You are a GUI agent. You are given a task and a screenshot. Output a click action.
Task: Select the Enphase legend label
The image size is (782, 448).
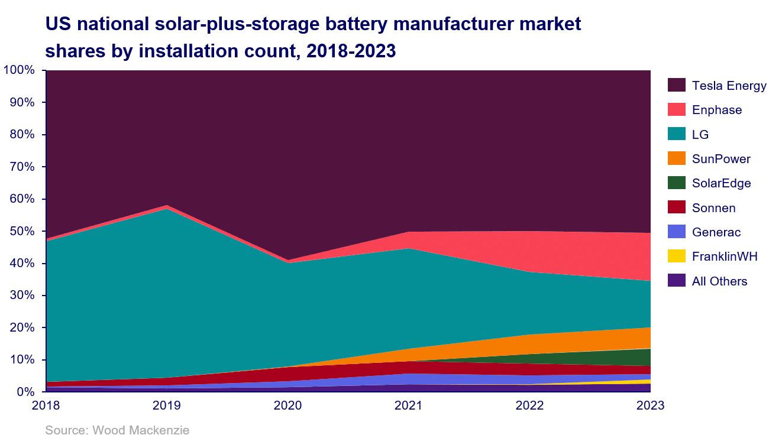716,110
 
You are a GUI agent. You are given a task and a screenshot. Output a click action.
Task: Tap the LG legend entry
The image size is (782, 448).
700,135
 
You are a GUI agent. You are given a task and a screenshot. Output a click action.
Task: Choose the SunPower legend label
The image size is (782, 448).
721,159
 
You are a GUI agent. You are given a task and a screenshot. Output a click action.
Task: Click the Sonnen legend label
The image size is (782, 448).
713,208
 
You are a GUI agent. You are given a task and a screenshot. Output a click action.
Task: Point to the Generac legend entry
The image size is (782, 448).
716,232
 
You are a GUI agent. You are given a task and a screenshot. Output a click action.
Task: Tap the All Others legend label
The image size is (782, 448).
719,281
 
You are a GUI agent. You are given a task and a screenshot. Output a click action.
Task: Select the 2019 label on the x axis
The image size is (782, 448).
167,406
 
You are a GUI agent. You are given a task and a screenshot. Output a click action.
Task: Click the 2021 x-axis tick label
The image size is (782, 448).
409,406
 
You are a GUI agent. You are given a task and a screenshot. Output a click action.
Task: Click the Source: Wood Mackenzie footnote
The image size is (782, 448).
117,430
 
